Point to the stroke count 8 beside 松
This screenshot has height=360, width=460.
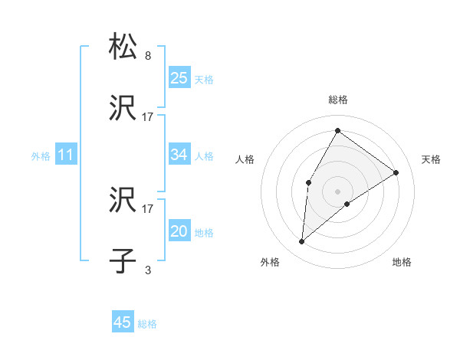click(148, 56)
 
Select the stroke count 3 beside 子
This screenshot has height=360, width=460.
click(148, 270)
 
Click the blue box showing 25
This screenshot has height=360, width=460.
click(179, 77)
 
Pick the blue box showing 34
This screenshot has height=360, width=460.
click(179, 155)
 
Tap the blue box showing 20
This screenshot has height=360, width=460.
click(179, 231)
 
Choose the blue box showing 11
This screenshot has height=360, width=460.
click(66, 155)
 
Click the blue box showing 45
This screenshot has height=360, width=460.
click(123, 322)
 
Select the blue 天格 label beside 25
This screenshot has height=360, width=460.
click(204, 79)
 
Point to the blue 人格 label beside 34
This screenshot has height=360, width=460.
click(204, 156)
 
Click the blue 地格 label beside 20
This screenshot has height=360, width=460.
click(204, 233)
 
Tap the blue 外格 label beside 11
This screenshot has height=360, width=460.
click(41, 156)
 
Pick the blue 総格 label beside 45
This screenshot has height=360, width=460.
click(147, 324)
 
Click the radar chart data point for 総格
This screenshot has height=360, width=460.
click(337, 130)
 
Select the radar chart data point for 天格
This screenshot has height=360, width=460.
click(396, 172)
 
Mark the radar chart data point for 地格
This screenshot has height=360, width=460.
click(347, 204)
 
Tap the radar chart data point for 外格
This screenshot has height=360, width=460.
click(302, 242)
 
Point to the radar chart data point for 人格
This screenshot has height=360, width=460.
click(309, 182)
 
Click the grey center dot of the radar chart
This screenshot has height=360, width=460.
click(337, 191)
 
